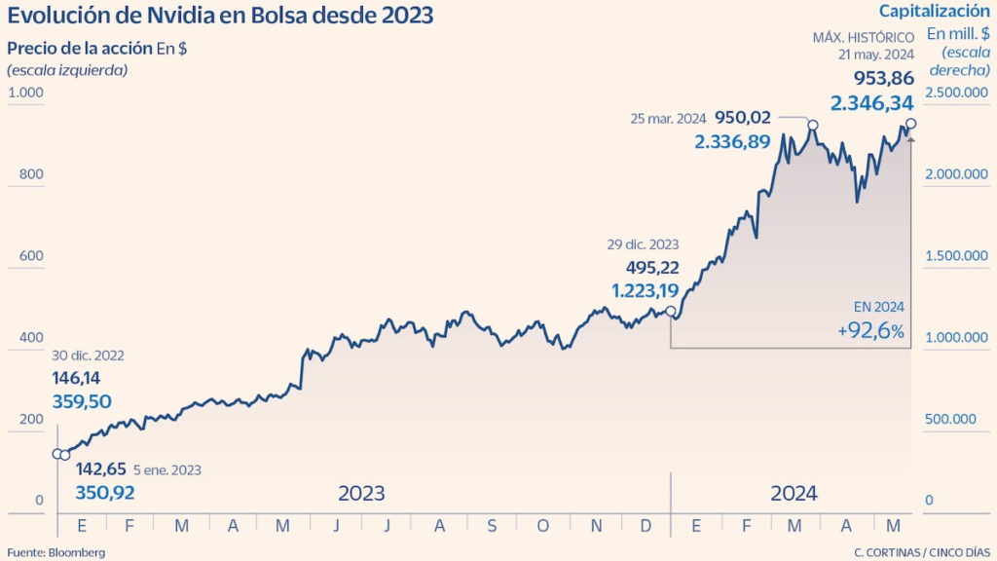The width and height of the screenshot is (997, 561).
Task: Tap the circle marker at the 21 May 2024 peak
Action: point(911,124)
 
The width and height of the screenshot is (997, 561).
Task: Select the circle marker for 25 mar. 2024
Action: point(813,126)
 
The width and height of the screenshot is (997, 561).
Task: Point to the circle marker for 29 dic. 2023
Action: point(670,312)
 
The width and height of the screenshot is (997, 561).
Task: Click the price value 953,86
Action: point(884,79)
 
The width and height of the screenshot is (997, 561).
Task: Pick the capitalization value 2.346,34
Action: point(871,102)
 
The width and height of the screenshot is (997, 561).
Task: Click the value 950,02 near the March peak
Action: point(743,118)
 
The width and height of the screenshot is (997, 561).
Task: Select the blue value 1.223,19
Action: point(646,290)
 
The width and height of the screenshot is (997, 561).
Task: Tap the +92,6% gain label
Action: point(870,331)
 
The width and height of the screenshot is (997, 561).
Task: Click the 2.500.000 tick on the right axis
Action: point(955,93)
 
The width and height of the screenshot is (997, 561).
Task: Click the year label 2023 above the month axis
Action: point(361,493)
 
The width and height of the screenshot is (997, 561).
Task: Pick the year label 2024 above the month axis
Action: point(794,493)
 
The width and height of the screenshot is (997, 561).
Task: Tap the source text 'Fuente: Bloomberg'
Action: point(56,552)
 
